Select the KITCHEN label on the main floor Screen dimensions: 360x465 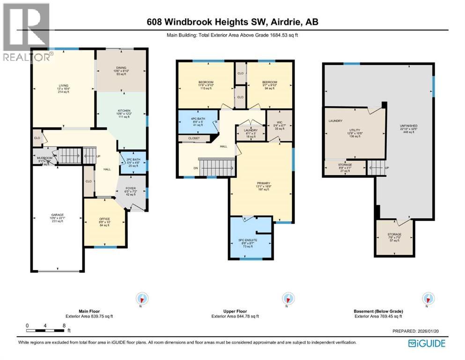coord(121,111)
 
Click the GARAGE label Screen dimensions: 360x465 coord(58,215)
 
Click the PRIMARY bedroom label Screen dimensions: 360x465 coord(261,183)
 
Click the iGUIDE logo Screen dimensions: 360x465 coord(427,344)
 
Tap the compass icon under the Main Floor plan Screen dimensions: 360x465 coord(141,299)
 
